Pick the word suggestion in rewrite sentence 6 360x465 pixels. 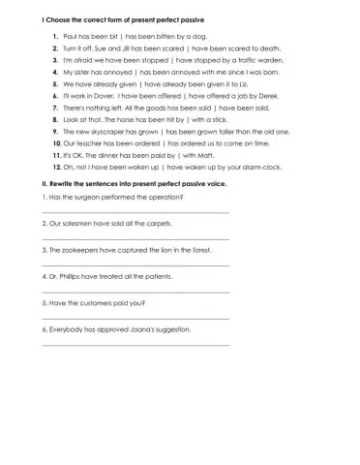(x=172, y=330)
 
